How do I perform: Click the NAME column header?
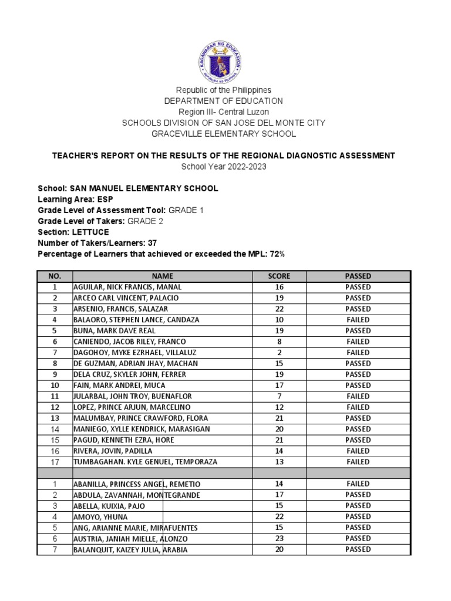click(x=163, y=276)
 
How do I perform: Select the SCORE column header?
click(x=279, y=276)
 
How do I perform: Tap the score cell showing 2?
click(x=279, y=353)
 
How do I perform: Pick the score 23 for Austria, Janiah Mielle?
click(x=279, y=538)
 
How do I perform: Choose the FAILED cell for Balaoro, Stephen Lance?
click(x=358, y=320)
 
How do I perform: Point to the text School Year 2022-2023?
click(x=225, y=167)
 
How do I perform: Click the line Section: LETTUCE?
click(x=73, y=232)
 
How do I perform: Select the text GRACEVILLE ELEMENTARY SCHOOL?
click(x=225, y=134)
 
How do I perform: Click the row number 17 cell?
click(x=55, y=462)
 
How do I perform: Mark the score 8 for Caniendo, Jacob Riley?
click(x=279, y=342)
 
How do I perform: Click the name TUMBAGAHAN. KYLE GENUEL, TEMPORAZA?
click(x=145, y=462)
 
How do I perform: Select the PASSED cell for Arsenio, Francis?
click(x=358, y=309)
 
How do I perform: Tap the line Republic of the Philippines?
click(x=225, y=90)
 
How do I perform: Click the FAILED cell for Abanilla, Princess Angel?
click(x=358, y=484)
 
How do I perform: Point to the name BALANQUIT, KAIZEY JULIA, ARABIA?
click(x=132, y=549)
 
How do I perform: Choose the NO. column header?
click(x=55, y=276)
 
